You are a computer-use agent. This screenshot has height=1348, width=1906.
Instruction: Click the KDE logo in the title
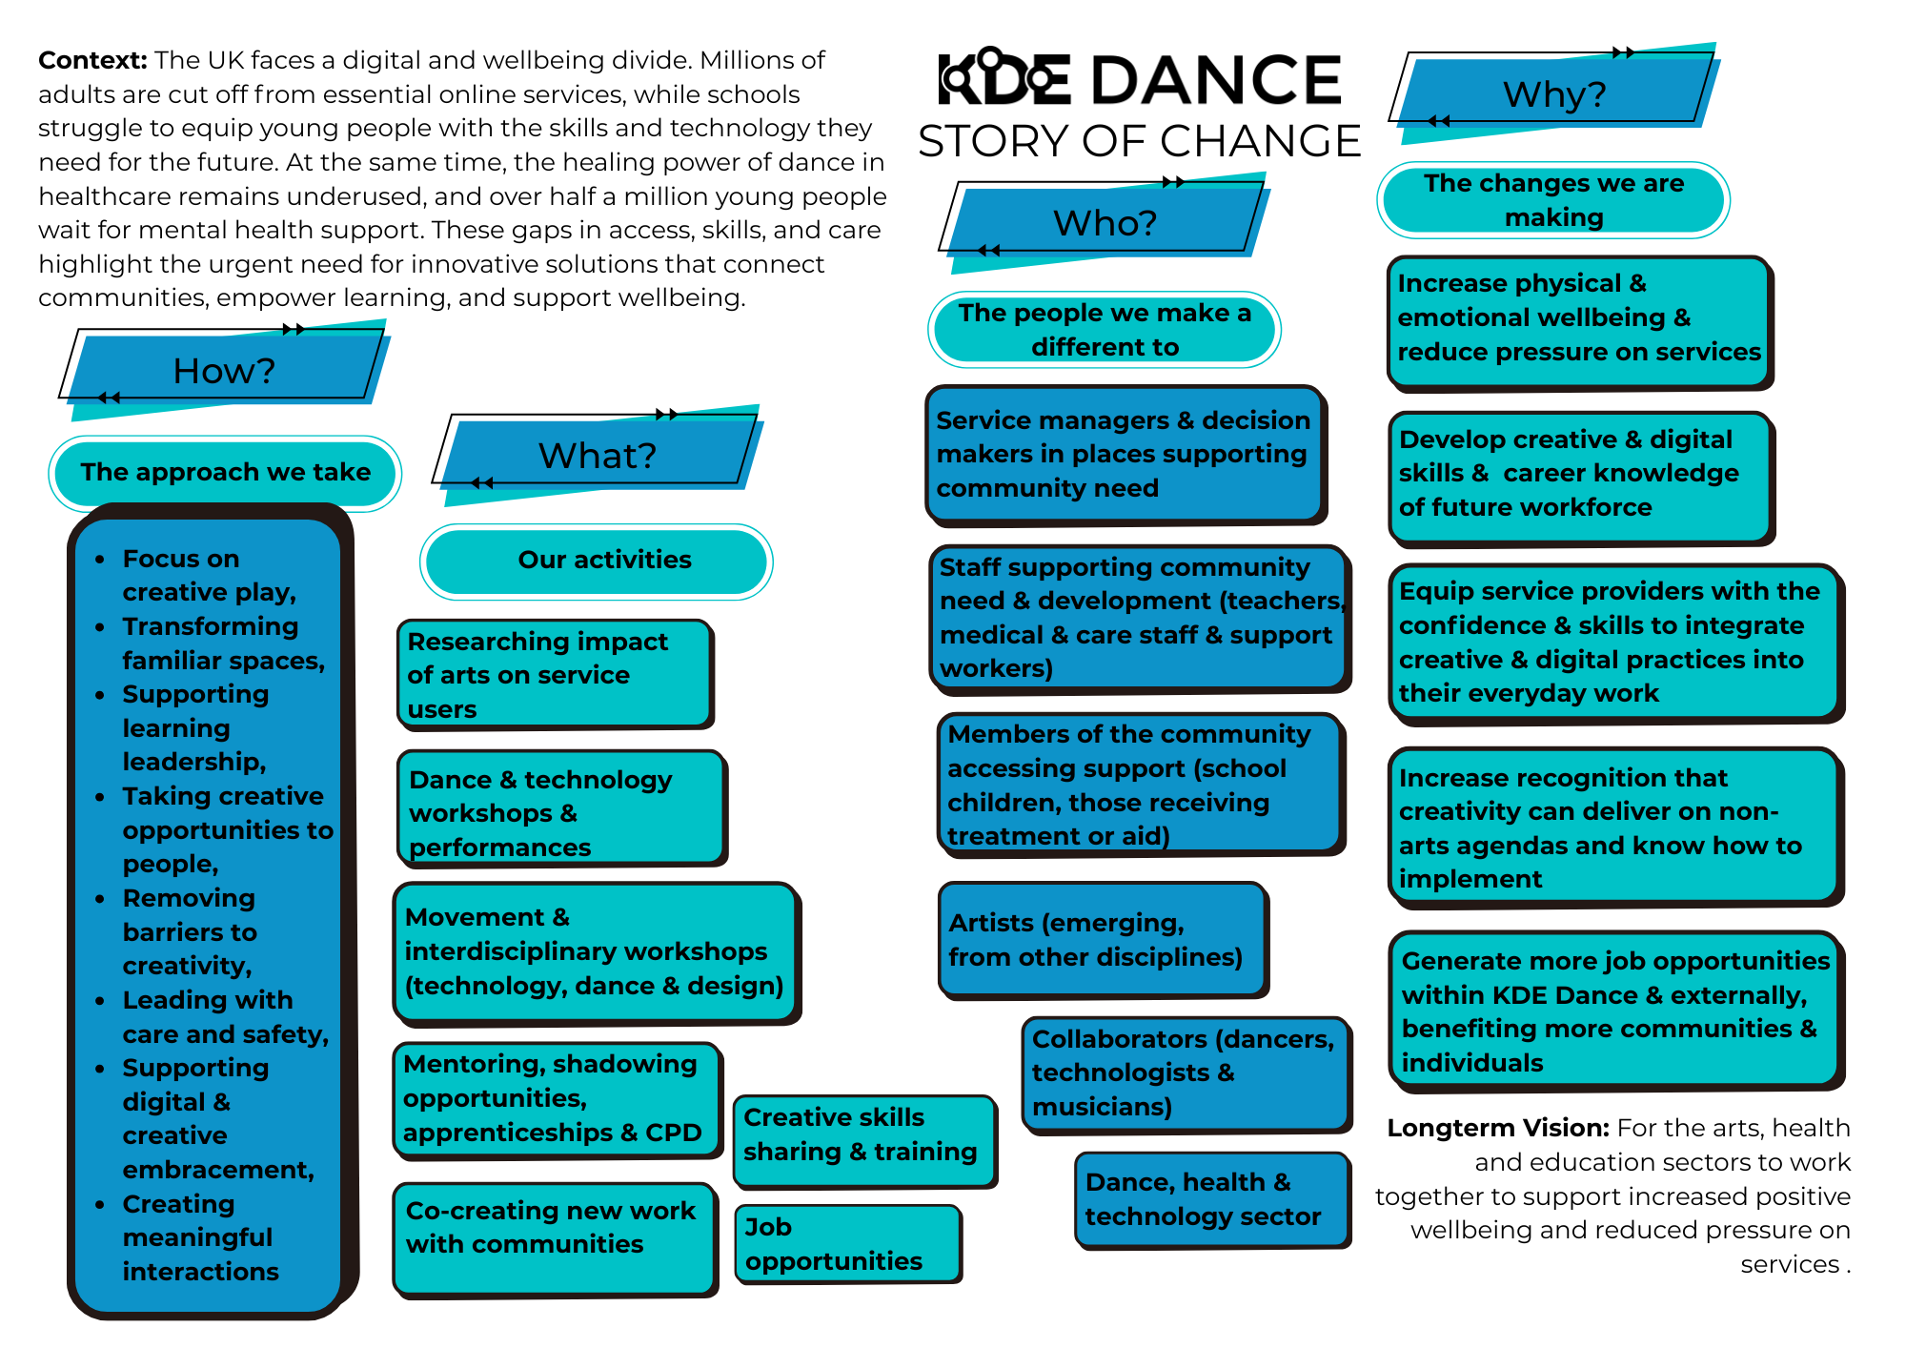[1004, 78]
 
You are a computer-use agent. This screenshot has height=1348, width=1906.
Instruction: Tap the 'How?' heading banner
[225, 370]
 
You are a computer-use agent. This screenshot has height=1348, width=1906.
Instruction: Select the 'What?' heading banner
[598, 455]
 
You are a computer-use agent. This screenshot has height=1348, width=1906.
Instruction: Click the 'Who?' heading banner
[1105, 222]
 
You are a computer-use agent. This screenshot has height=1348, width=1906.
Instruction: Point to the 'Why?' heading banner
[1554, 93]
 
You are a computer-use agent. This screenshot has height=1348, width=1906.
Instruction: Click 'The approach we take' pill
[225, 473]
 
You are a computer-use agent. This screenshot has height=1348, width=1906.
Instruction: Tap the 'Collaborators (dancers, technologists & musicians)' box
[1186, 1072]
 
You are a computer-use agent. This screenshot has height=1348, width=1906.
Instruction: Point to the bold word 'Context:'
[92, 60]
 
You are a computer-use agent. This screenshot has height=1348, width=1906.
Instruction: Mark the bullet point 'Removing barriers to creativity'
[190, 931]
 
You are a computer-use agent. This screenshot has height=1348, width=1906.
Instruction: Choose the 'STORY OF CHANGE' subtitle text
[1139, 141]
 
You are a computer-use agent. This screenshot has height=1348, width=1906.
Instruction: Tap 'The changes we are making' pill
[1553, 199]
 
